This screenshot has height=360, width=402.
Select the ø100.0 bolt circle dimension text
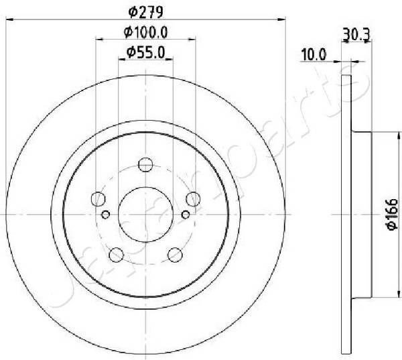pos(145,31)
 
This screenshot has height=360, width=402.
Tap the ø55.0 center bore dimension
pos(145,50)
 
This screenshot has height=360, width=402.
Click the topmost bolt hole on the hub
pos(145,164)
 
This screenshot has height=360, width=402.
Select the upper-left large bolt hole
pos(98,199)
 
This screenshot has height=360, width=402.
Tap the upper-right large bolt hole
pos(193,199)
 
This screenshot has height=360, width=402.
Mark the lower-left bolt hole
pos(116,255)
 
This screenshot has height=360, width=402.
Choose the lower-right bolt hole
pos(175,255)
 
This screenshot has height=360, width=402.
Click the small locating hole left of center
pos(106,215)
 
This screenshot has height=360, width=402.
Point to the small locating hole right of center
pos(186,215)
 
